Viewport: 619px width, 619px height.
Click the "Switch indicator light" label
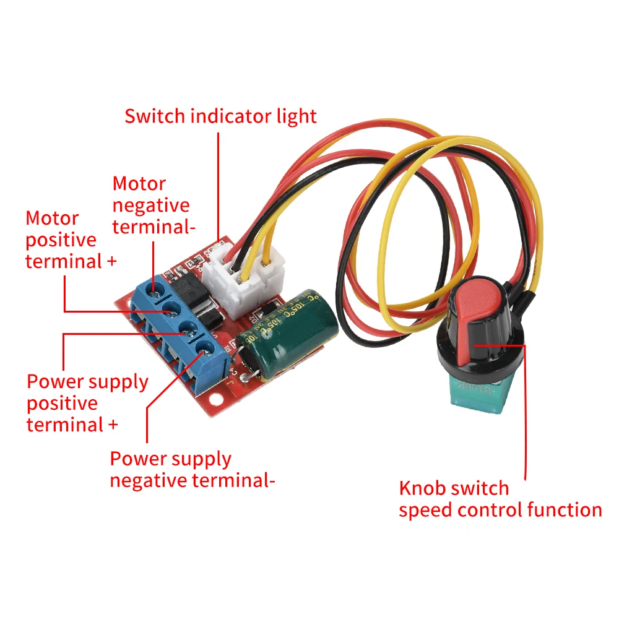tap(220, 116)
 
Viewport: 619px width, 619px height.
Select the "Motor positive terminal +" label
tap(71, 240)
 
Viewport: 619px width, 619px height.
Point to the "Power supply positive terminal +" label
tap(87, 403)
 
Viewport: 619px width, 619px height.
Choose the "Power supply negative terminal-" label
tap(193, 469)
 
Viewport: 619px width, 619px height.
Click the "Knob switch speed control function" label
tap(500, 499)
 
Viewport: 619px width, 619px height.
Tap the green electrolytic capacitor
tap(291, 334)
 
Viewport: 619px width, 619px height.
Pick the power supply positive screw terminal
tap(186, 332)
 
